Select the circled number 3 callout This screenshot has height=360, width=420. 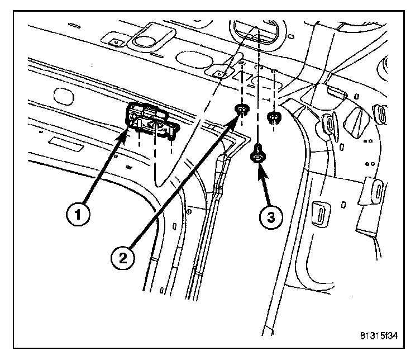(271, 216)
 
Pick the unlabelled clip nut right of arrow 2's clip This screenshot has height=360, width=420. (274, 116)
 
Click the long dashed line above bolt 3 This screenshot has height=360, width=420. (258, 84)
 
